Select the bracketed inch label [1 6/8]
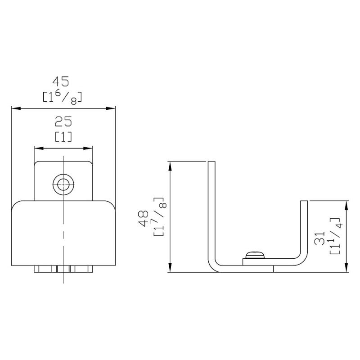click(62, 96)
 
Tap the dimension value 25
click(63, 122)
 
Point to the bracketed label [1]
click(63, 136)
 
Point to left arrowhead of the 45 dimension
click(14, 108)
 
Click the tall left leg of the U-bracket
click(211, 211)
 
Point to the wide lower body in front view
click(63, 234)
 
